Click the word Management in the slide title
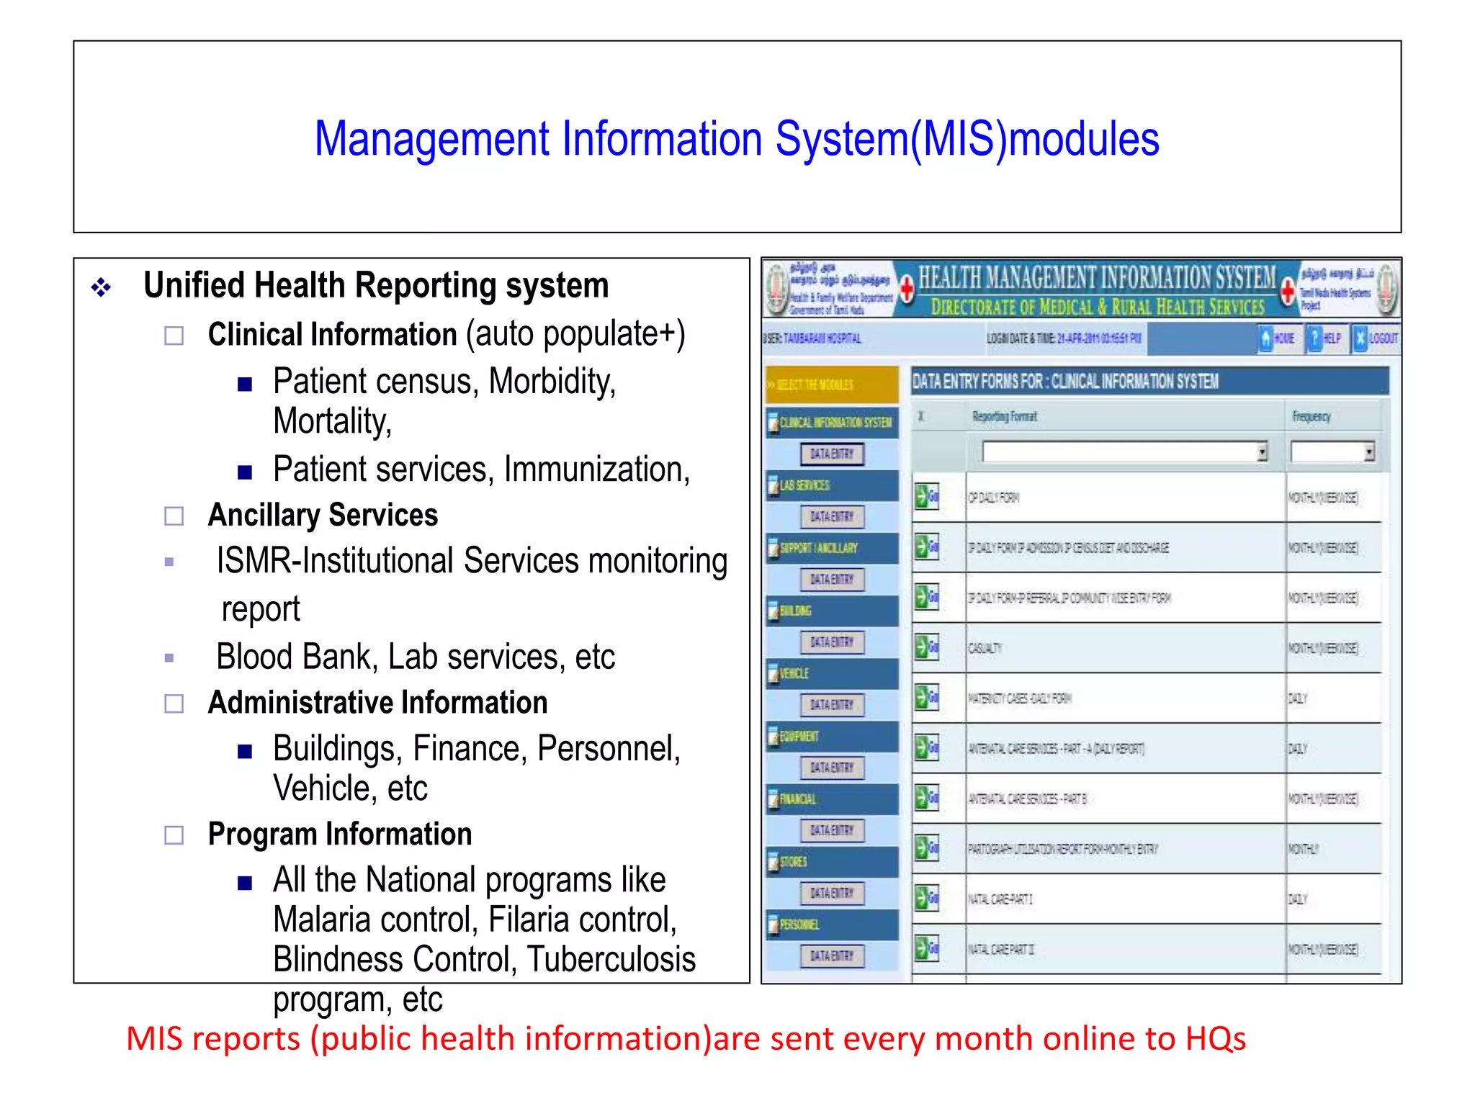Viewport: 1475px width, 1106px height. pos(432,139)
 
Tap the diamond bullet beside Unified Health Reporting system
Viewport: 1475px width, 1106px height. pos(101,288)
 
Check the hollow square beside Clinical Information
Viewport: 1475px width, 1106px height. pos(174,336)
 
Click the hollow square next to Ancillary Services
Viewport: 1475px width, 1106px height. pos(174,516)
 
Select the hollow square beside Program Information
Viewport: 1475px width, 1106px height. pos(174,835)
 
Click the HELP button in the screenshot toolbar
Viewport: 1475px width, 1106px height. pos(1324,338)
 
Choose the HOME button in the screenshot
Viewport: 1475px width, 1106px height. pos(1276,338)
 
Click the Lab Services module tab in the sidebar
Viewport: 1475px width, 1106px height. pos(833,485)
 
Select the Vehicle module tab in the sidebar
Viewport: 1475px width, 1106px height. pos(833,673)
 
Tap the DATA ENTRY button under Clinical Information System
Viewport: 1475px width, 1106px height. pos(832,454)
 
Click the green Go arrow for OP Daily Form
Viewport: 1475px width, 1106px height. pos(926,497)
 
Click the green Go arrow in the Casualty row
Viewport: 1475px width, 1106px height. pos(926,647)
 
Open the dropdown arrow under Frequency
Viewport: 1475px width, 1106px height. pos(1368,452)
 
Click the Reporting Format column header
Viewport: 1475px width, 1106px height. pos(1004,416)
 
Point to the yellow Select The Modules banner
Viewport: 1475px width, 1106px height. pos(833,385)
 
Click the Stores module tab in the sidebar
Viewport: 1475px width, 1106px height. pos(833,862)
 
